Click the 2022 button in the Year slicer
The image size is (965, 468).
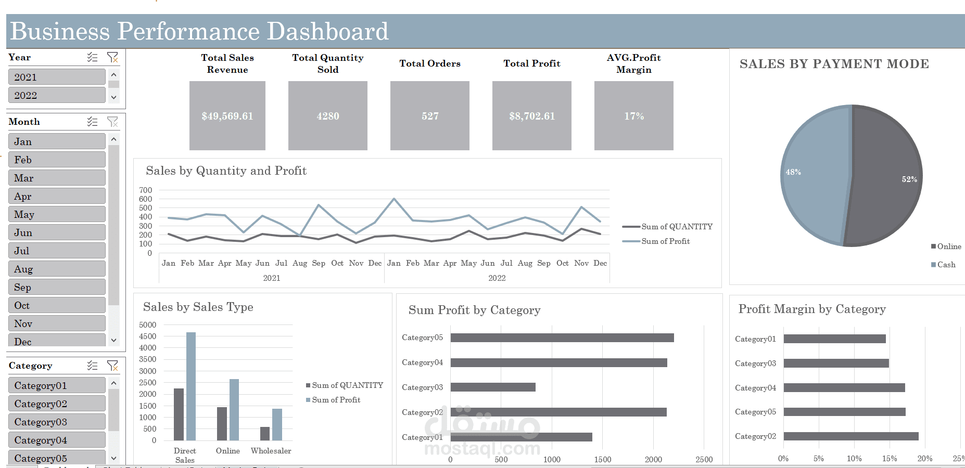click(56, 95)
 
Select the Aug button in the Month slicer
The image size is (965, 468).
click(56, 269)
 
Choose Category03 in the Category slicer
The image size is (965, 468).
click(56, 422)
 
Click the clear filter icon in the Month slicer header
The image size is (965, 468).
click(112, 122)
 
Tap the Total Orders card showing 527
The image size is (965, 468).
click(430, 116)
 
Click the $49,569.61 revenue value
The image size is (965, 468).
click(227, 116)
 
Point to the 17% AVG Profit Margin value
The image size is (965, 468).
click(634, 116)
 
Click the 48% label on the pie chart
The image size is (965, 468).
click(793, 172)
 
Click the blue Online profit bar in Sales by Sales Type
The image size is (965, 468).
click(234, 410)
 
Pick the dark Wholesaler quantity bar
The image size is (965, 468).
click(265, 434)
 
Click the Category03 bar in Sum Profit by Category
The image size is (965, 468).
click(492, 387)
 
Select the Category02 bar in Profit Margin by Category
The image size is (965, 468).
click(850, 436)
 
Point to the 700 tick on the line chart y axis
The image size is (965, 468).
click(146, 190)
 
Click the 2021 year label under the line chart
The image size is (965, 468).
click(272, 278)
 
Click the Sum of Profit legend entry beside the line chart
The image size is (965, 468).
click(665, 241)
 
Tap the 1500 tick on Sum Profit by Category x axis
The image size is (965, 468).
click(603, 460)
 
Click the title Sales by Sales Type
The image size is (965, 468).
click(198, 307)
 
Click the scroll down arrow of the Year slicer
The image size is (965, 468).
click(113, 97)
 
